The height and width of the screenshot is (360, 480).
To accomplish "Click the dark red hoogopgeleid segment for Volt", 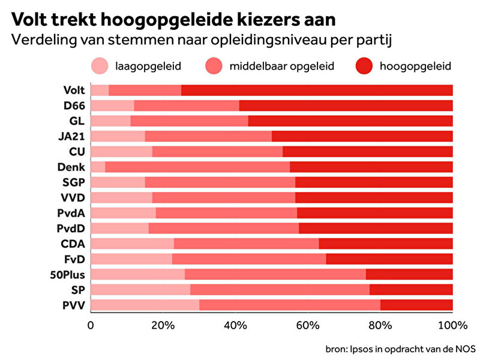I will point(317,91).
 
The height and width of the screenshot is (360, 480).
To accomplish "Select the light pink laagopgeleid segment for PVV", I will point(145,305).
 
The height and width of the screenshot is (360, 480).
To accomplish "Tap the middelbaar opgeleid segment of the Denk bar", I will point(197,167).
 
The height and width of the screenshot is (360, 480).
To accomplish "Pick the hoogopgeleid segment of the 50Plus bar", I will point(409,274).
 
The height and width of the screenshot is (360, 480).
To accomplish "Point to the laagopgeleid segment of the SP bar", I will point(140,290).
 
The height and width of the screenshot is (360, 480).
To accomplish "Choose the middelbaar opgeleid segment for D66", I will point(186,106).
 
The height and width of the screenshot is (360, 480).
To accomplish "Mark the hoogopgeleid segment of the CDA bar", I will point(385,244).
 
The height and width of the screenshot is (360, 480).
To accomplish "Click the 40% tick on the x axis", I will point(235,326).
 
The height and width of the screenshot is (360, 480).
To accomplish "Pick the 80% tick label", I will point(380,326).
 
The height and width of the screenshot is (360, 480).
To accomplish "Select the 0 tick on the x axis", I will point(91,326).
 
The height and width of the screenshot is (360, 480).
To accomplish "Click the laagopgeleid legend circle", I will point(100,65).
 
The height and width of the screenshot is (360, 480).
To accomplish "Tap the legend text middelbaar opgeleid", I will point(281,65).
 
